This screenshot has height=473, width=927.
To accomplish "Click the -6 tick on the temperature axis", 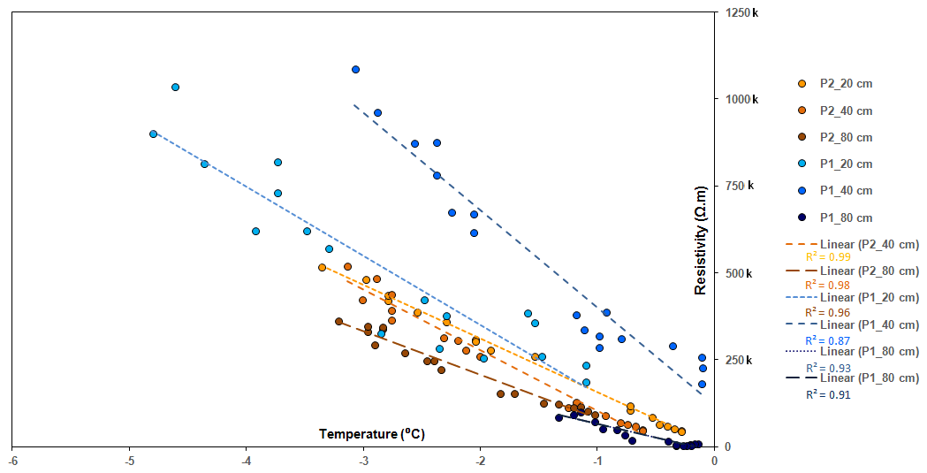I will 12,460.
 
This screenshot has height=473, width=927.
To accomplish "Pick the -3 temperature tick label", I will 362,460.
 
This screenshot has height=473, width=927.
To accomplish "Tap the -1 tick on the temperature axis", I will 596,460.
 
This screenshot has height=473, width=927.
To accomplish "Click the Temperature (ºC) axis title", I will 366,434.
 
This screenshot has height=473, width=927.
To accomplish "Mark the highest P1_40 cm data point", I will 355,69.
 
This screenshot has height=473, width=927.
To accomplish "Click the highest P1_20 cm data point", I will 175,87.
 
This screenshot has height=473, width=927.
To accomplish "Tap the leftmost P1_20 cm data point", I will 153,134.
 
